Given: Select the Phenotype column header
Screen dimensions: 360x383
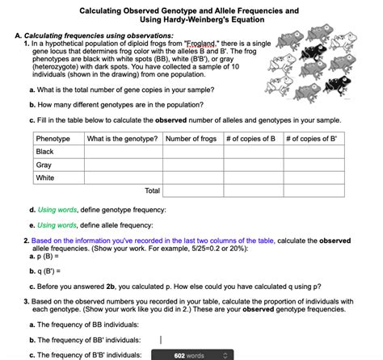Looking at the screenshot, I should pos(53,139).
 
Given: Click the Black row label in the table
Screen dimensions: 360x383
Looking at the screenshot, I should pos(45,152).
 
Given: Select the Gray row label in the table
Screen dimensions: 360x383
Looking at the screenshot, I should pos(44,165).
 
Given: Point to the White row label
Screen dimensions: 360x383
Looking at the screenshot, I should pos(45,178).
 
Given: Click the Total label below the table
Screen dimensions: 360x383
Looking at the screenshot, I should pos(152,191).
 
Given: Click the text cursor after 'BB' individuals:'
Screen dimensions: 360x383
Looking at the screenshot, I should pos(161,339).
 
